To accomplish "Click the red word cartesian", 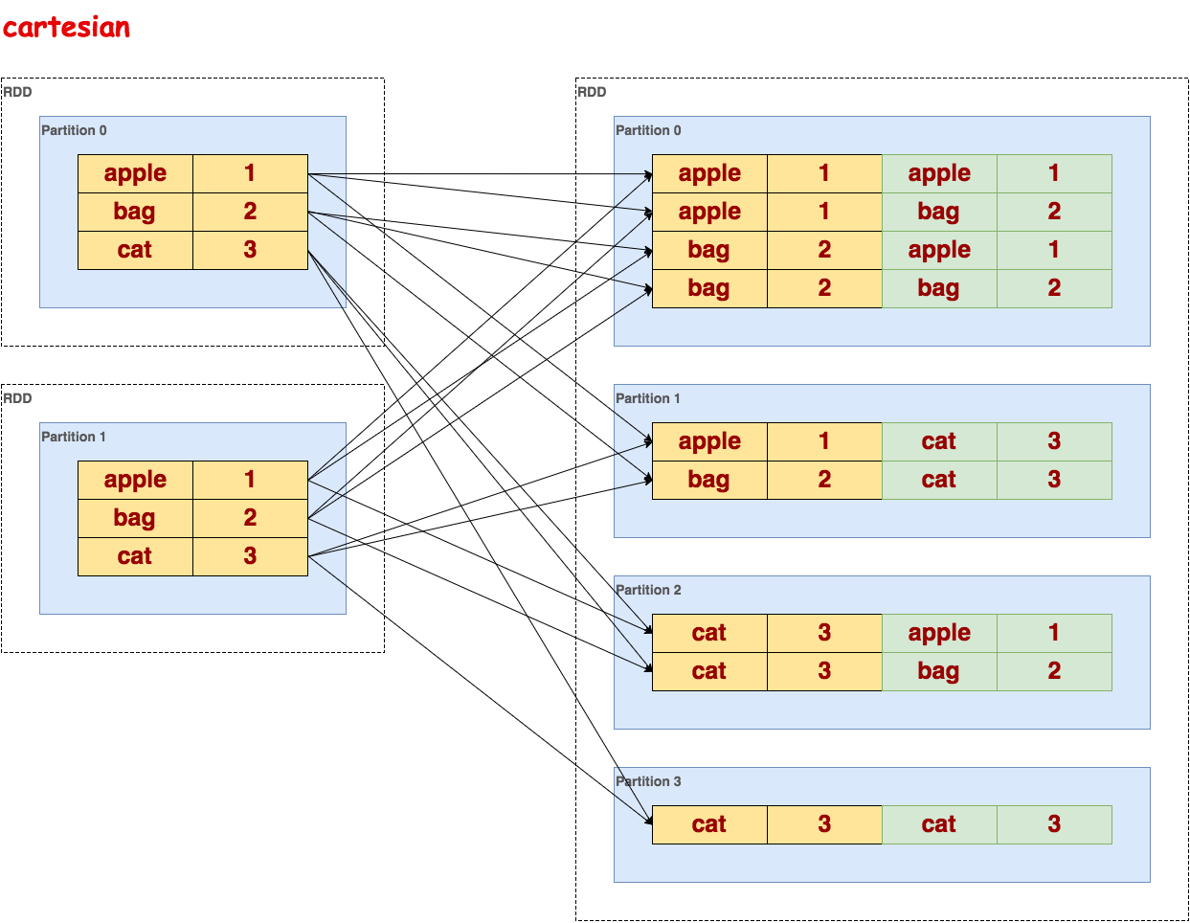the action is tap(66, 28).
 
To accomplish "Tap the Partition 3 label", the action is tap(648, 780).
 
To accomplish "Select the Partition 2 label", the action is tap(648, 589).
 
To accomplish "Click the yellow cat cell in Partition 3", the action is tap(709, 824).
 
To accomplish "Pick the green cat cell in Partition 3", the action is tap(939, 824).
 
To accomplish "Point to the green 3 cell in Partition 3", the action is tap(1054, 824).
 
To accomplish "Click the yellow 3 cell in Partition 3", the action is tap(824, 824).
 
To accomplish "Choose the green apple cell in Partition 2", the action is tap(939, 632).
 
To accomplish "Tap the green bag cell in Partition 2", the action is tap(939, 670).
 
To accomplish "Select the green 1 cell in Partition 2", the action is tap(1054, 632).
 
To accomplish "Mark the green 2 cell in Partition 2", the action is tap(1054, 670).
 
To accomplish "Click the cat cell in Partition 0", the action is tap(135, 250).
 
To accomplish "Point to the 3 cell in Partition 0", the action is tap(250, 250).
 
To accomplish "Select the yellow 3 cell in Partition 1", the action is tap(250, 555).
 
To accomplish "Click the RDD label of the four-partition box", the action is tap(592, 91).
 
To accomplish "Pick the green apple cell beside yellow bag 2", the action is tap(939, 250).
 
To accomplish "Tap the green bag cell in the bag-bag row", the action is tap(939, 288).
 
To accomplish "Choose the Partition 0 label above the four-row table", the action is tap(648, 130).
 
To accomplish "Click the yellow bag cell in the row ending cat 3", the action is tap(709, 479).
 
